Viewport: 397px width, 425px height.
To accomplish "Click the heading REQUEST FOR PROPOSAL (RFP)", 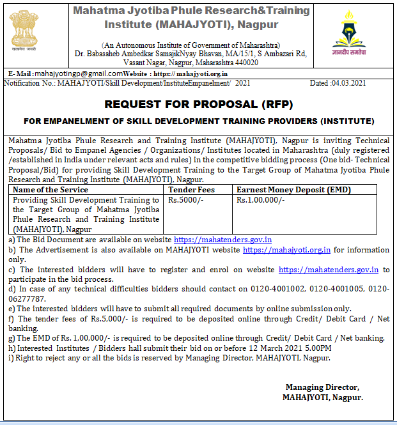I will pos(199,104).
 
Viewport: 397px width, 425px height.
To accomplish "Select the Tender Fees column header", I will pos(191,190).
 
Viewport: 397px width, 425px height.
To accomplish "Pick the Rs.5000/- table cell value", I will pos(184,199).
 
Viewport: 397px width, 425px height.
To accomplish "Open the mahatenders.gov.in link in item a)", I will pos(215,238).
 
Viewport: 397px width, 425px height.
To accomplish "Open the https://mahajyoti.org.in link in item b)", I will pos(286,250).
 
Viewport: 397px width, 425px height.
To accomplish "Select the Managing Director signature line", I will pos(322,387).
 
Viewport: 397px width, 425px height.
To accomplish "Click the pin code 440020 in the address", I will pos(245,63).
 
